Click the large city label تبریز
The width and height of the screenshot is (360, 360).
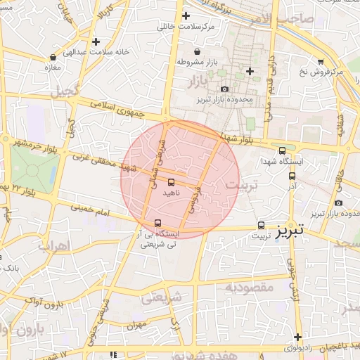pos(290,229)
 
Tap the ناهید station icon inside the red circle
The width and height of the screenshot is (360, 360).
pos(172,182)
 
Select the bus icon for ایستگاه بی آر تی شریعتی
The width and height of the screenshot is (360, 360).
pos(157,224)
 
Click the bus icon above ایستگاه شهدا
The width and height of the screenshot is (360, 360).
pos(283,150)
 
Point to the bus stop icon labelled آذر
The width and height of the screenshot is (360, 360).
pos(292,176)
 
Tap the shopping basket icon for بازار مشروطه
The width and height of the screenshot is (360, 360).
pos(196,51)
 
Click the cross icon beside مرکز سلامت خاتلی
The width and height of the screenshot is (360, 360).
pos(186,15)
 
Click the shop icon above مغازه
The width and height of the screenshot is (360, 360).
pos(53,57)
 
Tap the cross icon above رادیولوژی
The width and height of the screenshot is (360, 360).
pos(298,337)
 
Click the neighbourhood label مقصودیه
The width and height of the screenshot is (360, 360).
pos(249,287)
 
